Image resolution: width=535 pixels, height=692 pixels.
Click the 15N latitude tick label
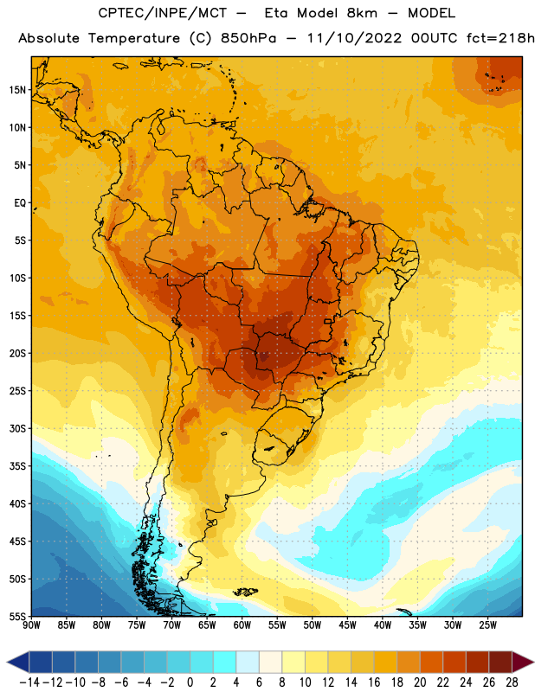[17, 90]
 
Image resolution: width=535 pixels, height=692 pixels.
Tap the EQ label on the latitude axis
[20, 203]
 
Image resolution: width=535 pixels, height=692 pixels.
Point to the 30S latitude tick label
[17, 428]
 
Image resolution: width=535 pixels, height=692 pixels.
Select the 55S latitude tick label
[17, 616]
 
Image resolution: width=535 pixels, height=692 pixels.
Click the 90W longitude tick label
[31, 625]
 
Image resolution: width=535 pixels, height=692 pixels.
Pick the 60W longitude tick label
[242, 625]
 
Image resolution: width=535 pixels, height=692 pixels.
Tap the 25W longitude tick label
[487, 625]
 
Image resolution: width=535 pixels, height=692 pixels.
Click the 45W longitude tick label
[347, 625]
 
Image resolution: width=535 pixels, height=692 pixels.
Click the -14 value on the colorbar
[29, 682]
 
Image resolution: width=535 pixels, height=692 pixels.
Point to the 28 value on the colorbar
[512, 682]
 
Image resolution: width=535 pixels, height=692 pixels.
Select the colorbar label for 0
[190, 682]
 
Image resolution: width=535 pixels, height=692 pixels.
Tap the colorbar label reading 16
[374, 682]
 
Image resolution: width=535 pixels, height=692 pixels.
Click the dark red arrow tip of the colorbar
[533, 663]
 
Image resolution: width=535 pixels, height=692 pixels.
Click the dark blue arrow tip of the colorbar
[8, 663]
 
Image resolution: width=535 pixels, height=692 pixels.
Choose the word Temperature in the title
[134, 38]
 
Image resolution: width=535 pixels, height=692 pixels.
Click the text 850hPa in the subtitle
[248, 38]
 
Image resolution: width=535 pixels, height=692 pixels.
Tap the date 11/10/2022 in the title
[354, 38]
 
